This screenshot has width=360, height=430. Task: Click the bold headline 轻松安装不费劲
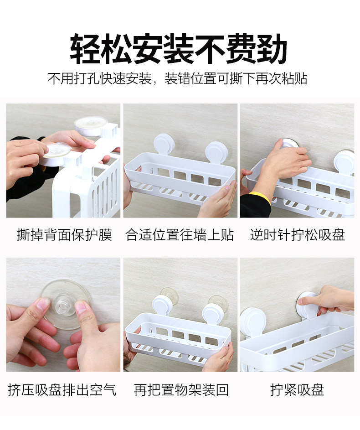click(178, 49)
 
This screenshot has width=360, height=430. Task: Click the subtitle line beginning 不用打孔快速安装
click(178, 78)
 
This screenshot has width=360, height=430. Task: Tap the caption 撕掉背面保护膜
click(64, 235)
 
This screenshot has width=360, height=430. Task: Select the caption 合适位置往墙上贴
click(180, 235)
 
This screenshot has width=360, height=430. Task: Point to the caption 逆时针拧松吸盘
click(297, 235)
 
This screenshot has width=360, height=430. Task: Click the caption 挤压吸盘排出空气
click(62, 390)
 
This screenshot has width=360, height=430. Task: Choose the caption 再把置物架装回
click(181, 390)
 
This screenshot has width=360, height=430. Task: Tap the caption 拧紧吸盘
click(297, 390)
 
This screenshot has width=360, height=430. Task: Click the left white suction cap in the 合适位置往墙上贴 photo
click(164, 144)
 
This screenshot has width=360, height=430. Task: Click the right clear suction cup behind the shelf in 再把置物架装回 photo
click(218, 302)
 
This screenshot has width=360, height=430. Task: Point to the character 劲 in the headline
click(272, 49)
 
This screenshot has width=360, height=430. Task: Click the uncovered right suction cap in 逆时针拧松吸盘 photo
click(344, 161)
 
